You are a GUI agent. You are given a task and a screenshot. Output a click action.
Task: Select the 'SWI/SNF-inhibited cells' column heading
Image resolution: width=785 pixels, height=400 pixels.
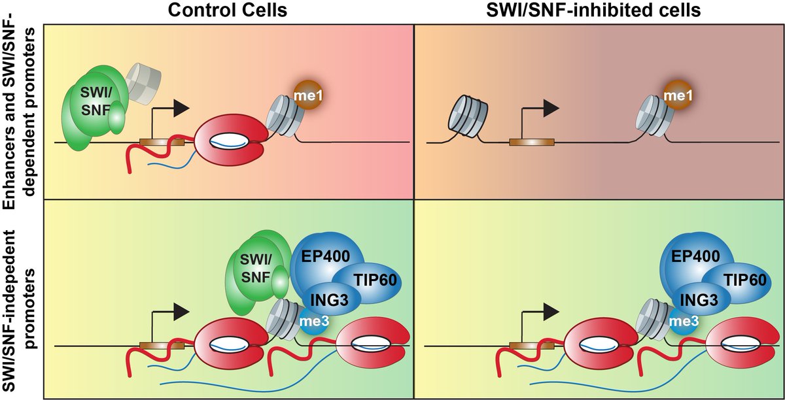tap(599, 10)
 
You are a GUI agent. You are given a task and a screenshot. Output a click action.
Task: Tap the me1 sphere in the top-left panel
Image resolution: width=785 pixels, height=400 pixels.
tap(308, 95)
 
